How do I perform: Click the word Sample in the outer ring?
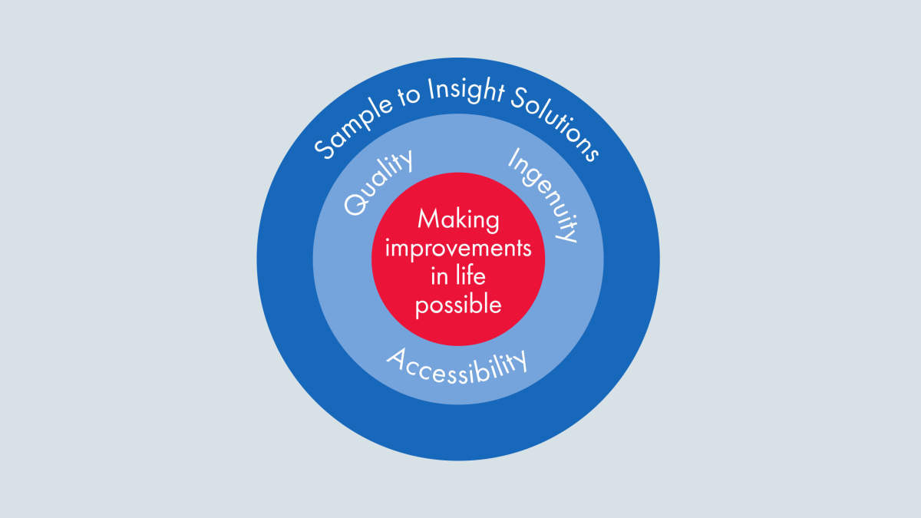coord(353,127)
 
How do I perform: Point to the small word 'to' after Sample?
coord(410,96)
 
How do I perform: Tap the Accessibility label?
coord(457,366)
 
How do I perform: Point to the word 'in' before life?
coord(439,276)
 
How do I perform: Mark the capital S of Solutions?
coord(520,98)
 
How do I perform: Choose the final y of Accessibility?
coord(520,360)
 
